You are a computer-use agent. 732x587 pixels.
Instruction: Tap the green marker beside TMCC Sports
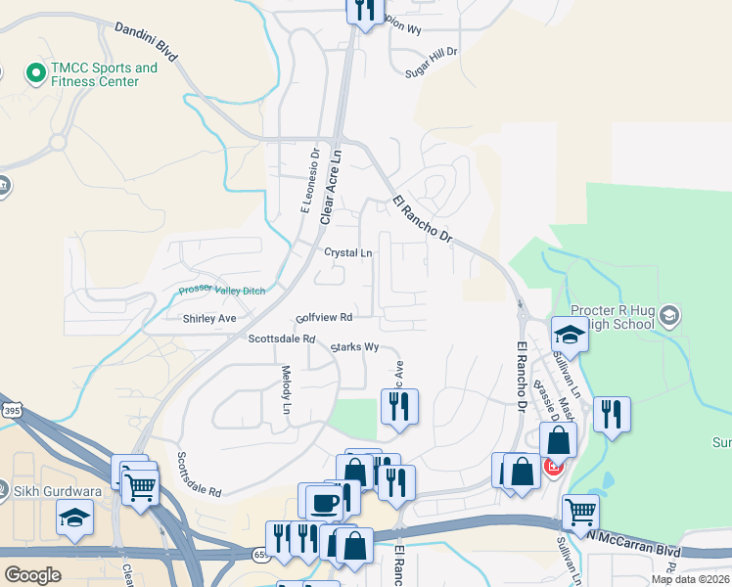pos(36,72)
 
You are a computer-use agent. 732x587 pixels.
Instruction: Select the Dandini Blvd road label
pos(145,42)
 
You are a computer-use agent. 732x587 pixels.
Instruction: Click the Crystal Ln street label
pos(348,252)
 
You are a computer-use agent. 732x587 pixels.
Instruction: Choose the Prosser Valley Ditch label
pos(222,291)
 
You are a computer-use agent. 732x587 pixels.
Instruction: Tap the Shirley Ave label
pos(209,319)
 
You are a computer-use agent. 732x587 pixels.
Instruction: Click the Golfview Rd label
pos(324,318)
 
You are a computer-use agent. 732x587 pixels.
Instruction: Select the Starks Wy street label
pos(354,346)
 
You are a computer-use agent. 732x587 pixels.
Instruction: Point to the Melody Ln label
pos(287,388)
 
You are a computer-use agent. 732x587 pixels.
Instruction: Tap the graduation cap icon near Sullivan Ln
pos(569,335)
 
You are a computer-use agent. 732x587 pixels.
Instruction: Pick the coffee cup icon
pos(324,503)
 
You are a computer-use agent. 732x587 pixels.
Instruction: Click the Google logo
pos(32,576)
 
